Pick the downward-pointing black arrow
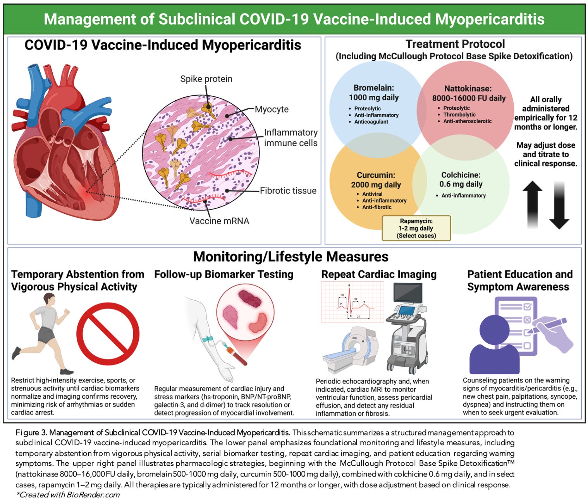559,205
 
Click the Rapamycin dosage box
416,229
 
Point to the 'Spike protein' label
206,79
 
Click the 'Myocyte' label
272,109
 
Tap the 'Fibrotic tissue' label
288,191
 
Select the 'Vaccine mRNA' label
219,221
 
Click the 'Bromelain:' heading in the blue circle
374,88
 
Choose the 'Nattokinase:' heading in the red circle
468,88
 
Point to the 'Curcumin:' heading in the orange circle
376,175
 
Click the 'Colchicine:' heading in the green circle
461,175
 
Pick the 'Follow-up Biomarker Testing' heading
224,274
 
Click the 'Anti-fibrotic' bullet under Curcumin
377,207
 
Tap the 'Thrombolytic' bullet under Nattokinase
459,115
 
